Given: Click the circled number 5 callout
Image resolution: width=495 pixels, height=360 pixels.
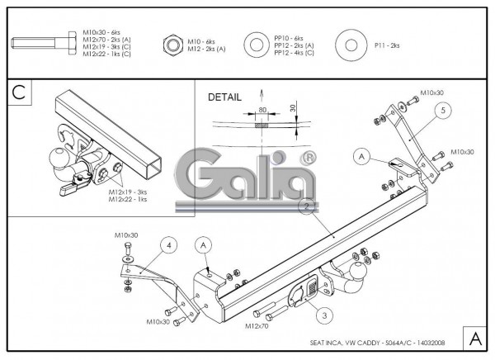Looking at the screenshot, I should point(443,109).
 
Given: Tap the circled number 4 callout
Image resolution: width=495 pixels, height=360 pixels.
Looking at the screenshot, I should point(168,244).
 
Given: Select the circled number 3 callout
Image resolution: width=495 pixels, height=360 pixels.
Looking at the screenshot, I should point(324,315).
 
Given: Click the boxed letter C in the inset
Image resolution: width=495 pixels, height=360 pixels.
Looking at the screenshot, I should point(19,93).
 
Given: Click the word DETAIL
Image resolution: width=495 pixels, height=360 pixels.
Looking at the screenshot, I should point(225,97).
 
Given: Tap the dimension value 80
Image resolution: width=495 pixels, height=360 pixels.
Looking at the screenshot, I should point(262,107).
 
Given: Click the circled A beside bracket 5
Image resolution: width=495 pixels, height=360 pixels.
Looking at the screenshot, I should point(361,154).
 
